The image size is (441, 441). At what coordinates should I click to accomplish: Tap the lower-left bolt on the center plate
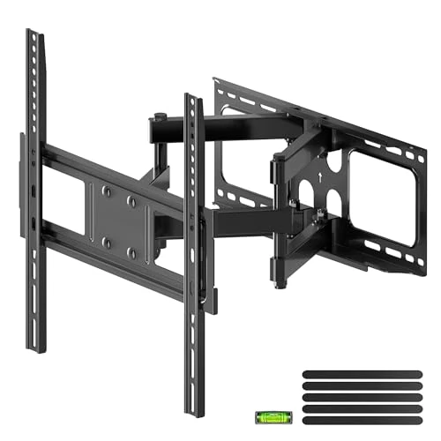click(x=103, y=239)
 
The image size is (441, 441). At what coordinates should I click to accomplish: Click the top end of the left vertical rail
click(x=33, y=34)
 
